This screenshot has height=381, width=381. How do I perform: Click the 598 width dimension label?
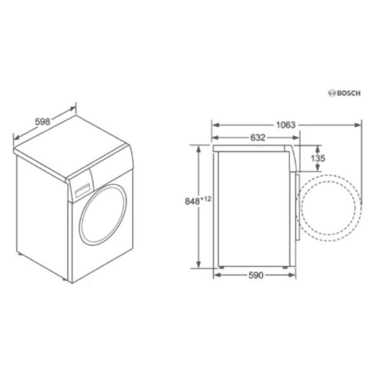pos(43,122)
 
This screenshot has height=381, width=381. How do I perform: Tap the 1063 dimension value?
pos(286,125)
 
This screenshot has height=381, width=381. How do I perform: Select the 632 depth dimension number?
pos(258,138)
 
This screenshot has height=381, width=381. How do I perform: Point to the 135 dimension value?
pos(318,159)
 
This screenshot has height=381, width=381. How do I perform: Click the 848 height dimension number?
pos(192,202)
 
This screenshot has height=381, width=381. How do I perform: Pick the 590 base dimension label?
pos(256,275)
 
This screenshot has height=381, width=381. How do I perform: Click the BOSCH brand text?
pos(349,94)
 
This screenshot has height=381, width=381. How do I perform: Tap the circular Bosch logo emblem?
pos(332,93)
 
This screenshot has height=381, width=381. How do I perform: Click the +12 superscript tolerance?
pos(206,199)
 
